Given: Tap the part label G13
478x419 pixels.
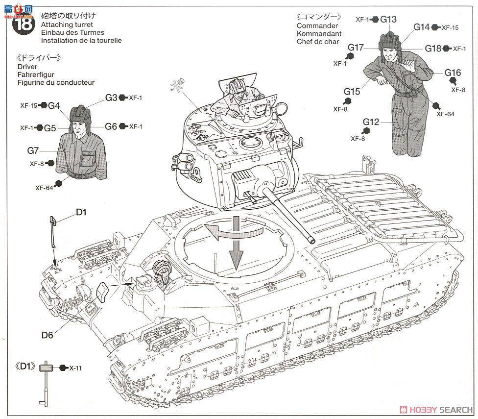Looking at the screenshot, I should (x=388, y=19).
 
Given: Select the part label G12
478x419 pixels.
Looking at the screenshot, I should (x=372, y=122).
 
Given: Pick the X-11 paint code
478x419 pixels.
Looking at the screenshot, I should (x=74, y=368).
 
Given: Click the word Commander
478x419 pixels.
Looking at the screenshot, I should (x=317, y=25).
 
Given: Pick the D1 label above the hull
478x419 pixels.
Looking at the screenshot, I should (x=81, y=212).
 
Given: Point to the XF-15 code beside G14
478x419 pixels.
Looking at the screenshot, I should (x=450, y=27).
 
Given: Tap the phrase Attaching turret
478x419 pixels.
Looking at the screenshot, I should (x=67, y=25).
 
